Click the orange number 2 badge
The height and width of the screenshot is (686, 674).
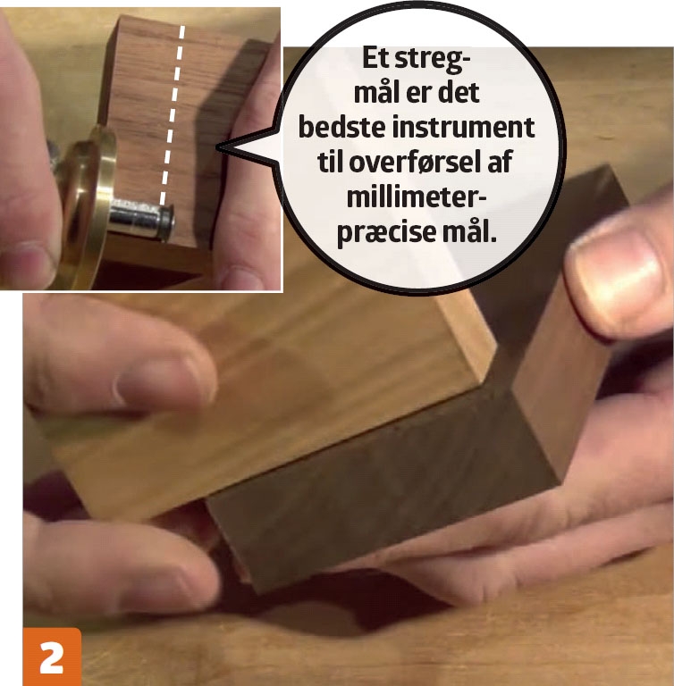pyautogui.click(x=52, y=657)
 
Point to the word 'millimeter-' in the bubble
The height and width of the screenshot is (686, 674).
pyautogui.click(x=417, y=197)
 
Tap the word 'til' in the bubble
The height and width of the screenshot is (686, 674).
pyautogui.click(x=331, y=162)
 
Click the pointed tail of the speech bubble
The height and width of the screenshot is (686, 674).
pyautogui.click(x=218, y=148)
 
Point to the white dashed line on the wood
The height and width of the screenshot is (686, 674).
pyautogui.click(x=173, y=115)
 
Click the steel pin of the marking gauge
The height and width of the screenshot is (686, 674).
pyautogui.click(x=141, y=217)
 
